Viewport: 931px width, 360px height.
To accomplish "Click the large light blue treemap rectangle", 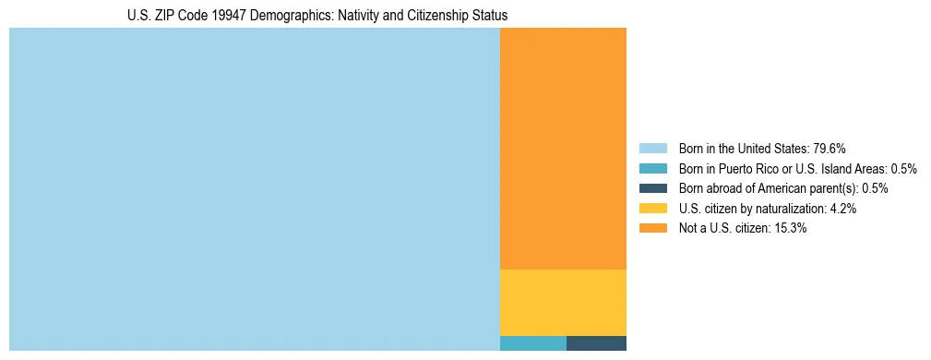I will point(254,189).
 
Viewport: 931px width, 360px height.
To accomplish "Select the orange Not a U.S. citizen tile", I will point(563,148).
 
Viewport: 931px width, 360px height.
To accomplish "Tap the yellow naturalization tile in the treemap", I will point(563,302).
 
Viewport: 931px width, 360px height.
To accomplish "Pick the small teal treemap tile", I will point(532,343).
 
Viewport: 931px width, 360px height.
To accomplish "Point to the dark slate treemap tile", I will point(596,343).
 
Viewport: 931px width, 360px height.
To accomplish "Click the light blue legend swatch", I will point(652,148).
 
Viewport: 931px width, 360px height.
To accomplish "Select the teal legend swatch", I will point(652,168).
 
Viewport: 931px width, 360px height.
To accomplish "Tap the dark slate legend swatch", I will point(652,188).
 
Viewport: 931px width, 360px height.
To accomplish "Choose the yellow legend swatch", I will point(652,209).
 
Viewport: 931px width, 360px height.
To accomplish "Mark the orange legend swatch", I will point(652,228).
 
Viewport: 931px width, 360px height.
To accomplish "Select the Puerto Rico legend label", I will point(782,168).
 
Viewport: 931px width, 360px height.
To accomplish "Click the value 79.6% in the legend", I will point(830,148).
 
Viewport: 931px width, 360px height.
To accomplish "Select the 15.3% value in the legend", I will point(791,228).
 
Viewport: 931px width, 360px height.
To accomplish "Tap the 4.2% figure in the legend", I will point(843,209).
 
